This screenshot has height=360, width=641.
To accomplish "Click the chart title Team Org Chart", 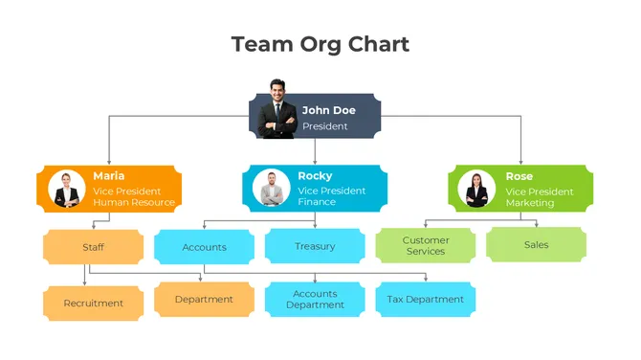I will click(320, 44).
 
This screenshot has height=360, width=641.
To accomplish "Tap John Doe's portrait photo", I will click(278, 109).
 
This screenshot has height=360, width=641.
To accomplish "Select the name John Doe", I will click(328, 110).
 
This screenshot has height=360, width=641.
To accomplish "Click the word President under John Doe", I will click(325, 126).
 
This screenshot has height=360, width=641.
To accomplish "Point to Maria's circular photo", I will click(66, 189).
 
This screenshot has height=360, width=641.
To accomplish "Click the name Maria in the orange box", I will click(108, 176).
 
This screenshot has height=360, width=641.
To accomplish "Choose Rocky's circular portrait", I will click(272, 189).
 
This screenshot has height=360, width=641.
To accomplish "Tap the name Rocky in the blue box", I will click(315, 176).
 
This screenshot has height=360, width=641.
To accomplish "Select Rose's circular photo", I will click(476, 189).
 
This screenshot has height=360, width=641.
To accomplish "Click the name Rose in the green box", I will click(519, 176).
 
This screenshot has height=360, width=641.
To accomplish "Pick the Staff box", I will click(93, 247).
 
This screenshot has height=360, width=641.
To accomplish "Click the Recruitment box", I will click(93, 304).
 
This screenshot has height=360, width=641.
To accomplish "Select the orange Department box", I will click(204, 300).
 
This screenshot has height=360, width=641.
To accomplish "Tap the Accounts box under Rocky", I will click(204, 247).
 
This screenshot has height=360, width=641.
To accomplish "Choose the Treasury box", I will click(315, 246).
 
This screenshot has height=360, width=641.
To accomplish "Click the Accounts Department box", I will click(315, 300).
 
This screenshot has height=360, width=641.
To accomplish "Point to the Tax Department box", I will click(425, 300).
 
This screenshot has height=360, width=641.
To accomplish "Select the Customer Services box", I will click(425, 246).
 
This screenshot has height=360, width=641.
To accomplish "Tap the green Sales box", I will click(536, 245).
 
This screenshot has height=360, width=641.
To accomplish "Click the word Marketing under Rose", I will click(529, 203).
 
